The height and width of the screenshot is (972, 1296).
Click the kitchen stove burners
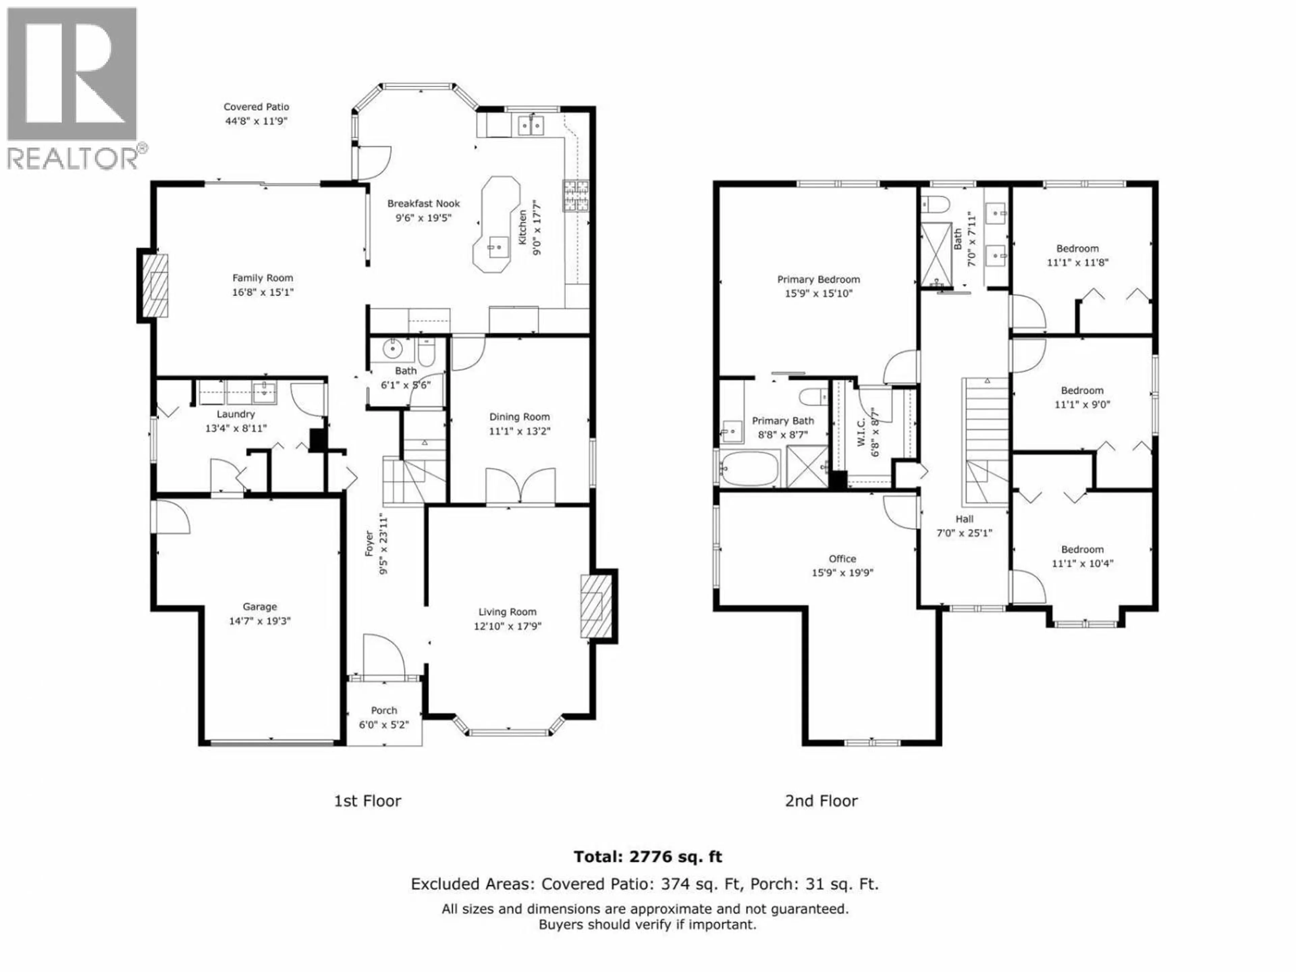click(576, 195)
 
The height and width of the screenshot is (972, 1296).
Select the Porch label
click(384, 710)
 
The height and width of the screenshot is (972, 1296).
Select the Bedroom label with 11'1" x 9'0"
click(1082, 390)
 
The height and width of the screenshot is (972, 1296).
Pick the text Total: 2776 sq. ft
click(647, 857)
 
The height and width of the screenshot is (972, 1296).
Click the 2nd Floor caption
click(821, 801)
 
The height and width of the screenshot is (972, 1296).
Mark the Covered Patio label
click(256, 107)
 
